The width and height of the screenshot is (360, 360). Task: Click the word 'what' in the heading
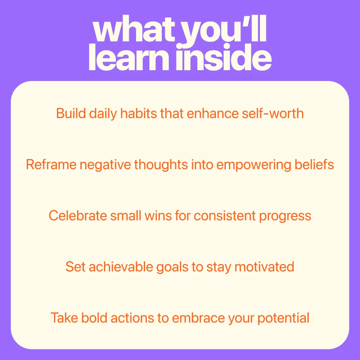pos(135,29)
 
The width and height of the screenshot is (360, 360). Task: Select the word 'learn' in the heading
pos(129,57)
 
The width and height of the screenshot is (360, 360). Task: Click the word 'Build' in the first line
pos(71,113)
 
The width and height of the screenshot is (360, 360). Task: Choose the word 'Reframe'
pos(51,165)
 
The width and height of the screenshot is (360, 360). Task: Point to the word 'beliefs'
pos(314,165)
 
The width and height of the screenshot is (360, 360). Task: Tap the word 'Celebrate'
pos(78,216)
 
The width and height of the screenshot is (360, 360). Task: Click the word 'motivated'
pos(264,267)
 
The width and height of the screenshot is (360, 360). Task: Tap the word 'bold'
pos(94,318)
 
